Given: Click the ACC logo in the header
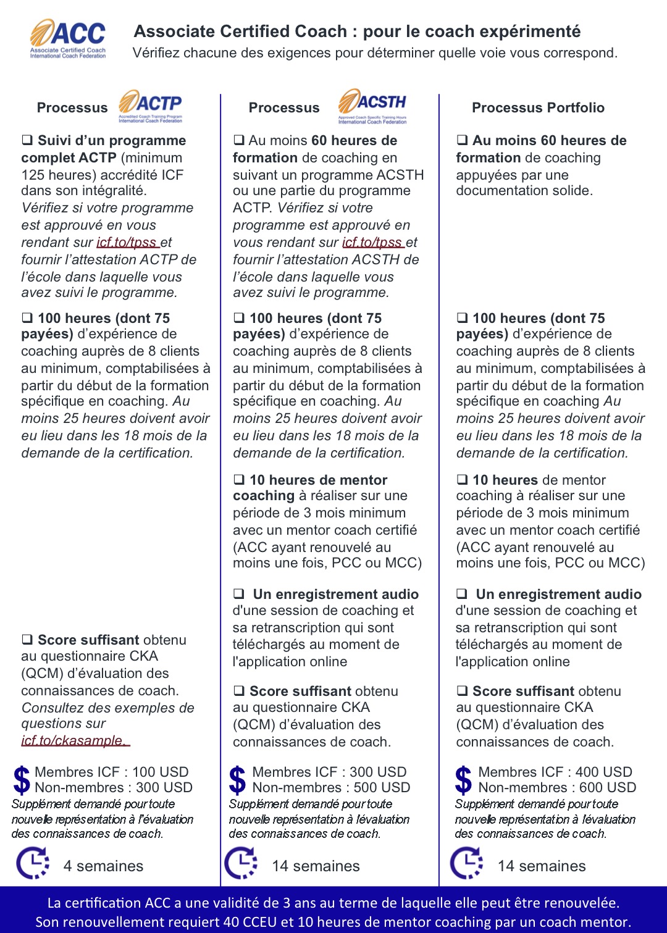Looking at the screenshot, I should tap(68, 38).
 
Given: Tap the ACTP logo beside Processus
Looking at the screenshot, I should tap(151, 106).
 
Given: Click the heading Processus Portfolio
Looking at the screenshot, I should tap(538, 107).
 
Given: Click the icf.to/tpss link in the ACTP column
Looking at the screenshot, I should tap(127, 243).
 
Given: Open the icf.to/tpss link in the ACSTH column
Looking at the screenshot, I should tap(372, 243).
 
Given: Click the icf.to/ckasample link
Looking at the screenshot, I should tap(74, 740).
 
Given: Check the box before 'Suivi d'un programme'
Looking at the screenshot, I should tap(27, 140).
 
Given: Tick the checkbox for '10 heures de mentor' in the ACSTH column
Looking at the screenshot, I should tap(239, 480).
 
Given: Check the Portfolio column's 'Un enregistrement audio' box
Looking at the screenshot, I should tap(462, 594).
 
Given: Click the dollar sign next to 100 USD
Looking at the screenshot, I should tap(22, 779).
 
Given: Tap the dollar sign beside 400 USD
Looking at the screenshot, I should tap(463, 779).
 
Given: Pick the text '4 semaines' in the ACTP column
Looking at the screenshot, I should tap(103, 866).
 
